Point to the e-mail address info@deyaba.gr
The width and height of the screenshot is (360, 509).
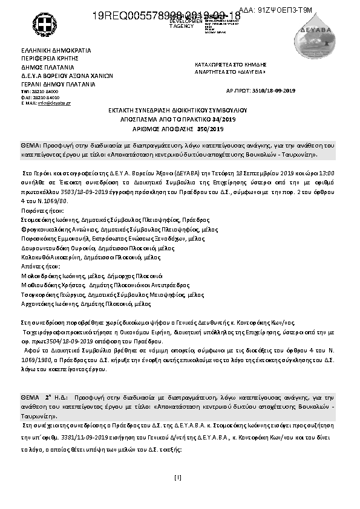pos(54,103)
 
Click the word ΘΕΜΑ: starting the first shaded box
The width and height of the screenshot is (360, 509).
pos(31,146)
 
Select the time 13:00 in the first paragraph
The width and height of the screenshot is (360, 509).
pos(327,172)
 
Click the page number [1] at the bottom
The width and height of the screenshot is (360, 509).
pos(178,478)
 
